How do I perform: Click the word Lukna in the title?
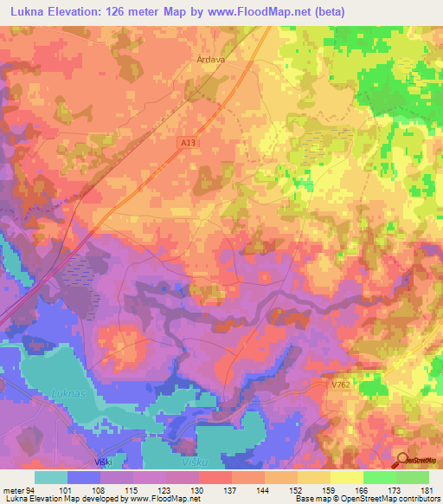tap(27, 10)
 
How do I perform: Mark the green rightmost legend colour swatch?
tap(413, 477)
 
